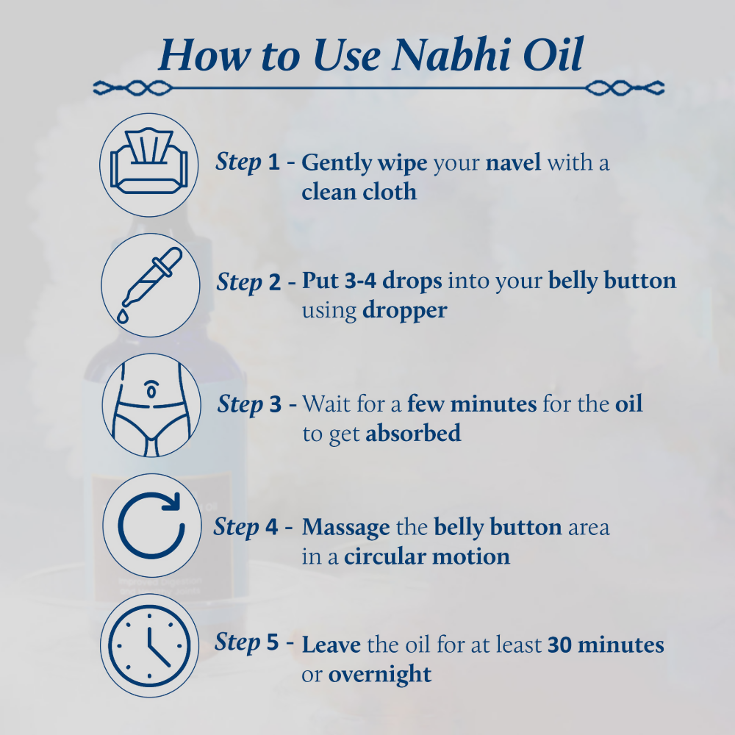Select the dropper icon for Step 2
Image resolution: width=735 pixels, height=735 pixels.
[x=149, y=285]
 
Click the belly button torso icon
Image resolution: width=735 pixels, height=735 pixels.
[x=149, y=405]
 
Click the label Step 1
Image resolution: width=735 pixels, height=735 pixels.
[x=248, y=162]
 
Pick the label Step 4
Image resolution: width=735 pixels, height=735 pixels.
[x=246, y=527]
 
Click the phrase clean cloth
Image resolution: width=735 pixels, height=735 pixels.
[x=359, y=192]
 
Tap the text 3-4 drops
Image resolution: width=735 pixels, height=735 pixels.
[x=372, y=282]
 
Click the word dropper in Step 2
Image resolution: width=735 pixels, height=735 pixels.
[x=404, y=310]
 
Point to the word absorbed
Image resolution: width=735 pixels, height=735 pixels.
[x=413, y=433]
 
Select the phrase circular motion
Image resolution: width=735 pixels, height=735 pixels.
[x=427, y=556]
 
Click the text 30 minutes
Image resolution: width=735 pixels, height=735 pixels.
[x=606, y=645]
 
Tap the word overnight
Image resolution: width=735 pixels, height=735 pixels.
[x=380, y=674]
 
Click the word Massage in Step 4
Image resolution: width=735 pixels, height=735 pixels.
[x=345, y=528]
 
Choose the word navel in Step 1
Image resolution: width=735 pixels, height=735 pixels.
[x=513, y=162]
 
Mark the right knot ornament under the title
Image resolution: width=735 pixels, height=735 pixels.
[x=625, y=88]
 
